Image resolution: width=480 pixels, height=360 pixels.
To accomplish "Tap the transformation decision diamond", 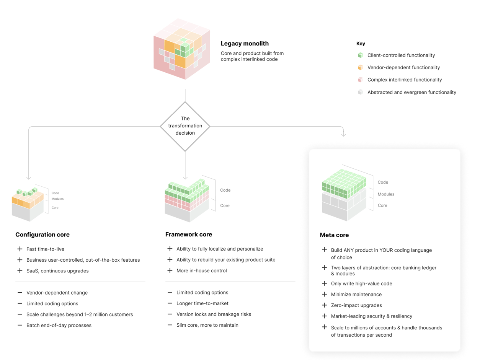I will [x=185, y=126].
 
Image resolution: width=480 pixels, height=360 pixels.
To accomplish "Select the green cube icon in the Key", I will [x=360, y=55].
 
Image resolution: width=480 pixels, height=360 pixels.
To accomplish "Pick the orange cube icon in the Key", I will [x=360, y=67].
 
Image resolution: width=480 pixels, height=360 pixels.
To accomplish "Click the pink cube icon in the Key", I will [x=360, y=80].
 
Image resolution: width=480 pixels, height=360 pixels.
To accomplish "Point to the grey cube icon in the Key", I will [x=360, y=92].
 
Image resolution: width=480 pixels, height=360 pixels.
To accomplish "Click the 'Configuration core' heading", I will [x=42, y=235].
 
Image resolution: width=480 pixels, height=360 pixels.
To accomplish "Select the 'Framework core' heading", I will [x=189, y=234].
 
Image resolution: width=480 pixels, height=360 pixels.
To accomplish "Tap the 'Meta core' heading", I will [x=335, y=235].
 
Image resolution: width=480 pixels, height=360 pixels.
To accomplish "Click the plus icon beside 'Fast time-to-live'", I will [x=20, y=249].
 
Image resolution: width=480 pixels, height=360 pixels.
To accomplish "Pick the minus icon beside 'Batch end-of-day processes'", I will [x=20, y=325].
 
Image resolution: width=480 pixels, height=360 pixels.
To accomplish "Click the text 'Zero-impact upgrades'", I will [x=351, y=305].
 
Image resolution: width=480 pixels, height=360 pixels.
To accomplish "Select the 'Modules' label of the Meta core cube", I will [x=386, y=194].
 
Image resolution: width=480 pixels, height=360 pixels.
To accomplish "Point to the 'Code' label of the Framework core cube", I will [x=225, y=190].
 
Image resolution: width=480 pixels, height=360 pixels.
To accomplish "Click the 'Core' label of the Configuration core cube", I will [x=56, y=207].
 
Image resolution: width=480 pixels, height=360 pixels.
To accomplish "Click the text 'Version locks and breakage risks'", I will [x=214, y=314].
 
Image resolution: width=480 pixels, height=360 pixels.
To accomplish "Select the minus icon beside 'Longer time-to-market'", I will [x=170, y=303].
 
